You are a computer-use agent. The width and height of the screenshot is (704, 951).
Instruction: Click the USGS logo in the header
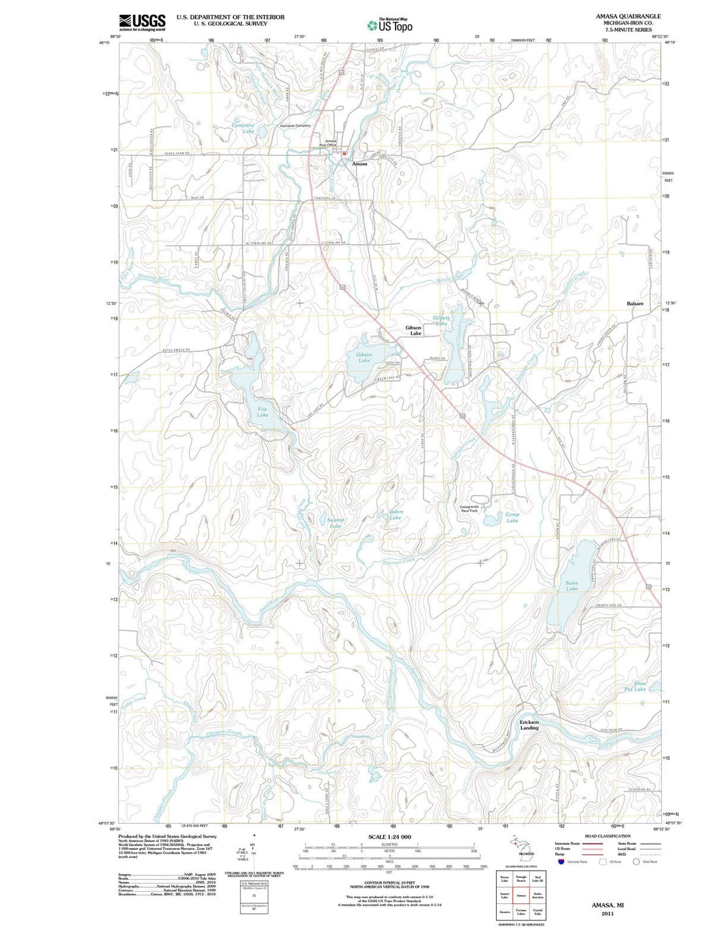[142, 22]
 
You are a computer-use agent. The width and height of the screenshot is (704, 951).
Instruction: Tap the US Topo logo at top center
[389, 25]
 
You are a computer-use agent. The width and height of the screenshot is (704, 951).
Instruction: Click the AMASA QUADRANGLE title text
[628, 16]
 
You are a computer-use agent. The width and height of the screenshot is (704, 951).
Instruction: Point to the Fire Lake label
[262, 412]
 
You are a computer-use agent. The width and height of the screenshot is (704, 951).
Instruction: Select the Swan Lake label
[572, 586]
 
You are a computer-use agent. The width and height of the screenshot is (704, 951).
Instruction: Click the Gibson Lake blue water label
[364, 357]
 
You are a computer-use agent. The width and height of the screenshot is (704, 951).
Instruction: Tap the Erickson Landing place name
[529, 725]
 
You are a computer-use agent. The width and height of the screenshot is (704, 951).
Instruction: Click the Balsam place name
[634, 303]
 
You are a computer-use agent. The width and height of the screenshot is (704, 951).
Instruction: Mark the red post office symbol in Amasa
[344, 153]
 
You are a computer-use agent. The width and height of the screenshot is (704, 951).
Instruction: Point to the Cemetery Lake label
[243, 128]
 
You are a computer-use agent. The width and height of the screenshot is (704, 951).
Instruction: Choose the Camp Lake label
[512, 517]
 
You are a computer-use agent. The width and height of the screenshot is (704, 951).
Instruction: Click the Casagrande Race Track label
[469, 508]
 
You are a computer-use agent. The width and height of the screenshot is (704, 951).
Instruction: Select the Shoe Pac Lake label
[635, 686]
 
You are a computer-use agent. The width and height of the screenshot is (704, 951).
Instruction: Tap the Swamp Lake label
[335, 522]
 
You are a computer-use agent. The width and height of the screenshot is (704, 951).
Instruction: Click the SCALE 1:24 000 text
[390, 837]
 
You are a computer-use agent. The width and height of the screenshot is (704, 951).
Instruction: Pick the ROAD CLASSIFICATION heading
[607, 836]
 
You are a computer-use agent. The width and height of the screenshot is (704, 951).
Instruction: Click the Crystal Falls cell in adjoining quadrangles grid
[537, 912]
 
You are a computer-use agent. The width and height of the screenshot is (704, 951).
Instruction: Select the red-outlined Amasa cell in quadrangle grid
[521, 896]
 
